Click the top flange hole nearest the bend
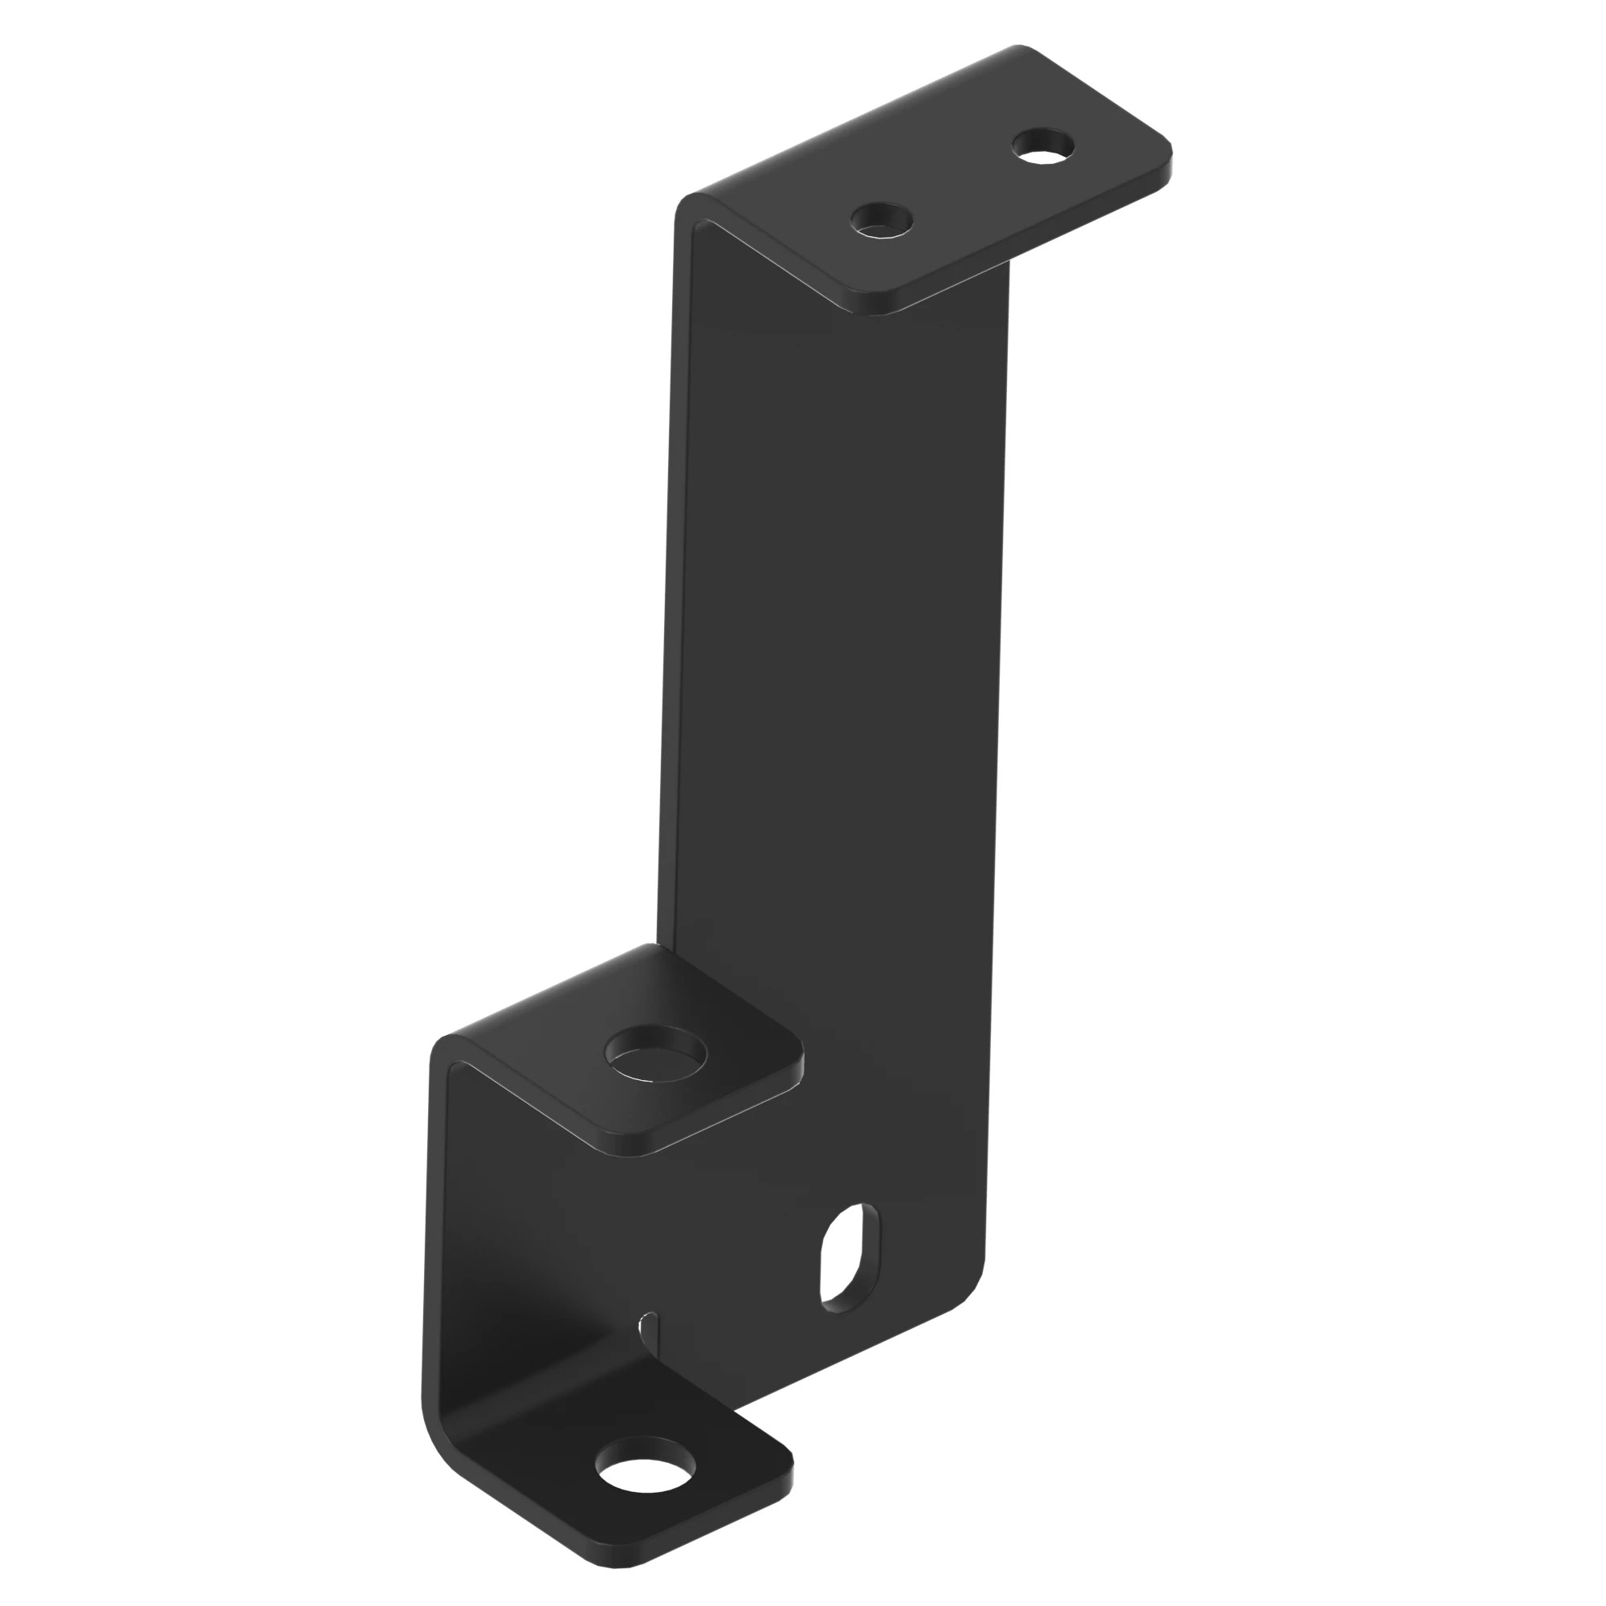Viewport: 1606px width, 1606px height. point(881,221)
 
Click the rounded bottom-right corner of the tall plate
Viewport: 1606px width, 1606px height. point(972,1305)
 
